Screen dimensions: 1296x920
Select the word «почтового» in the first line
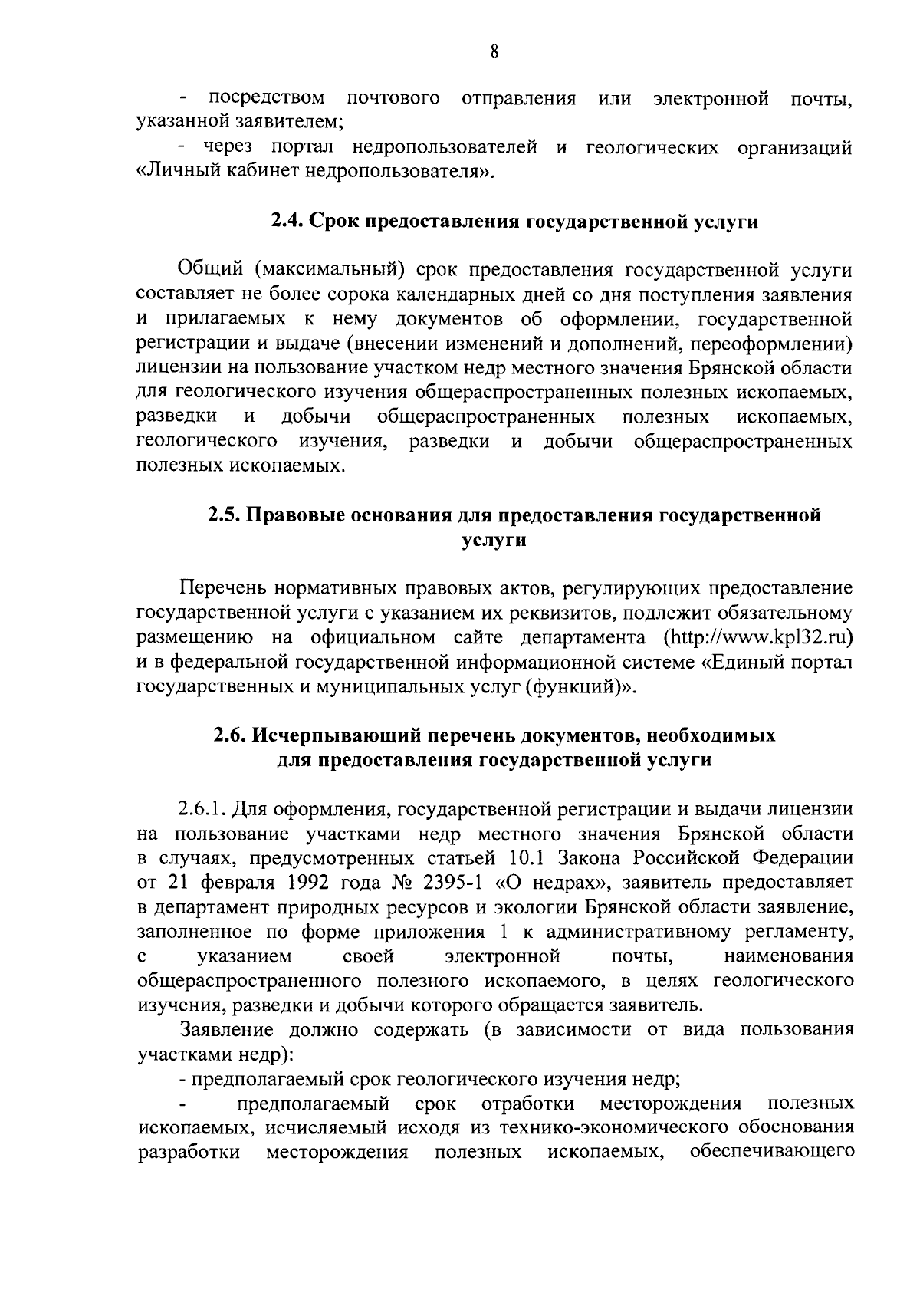[x=393, y=99]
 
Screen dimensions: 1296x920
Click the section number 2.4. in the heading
[x=288, y=222]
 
